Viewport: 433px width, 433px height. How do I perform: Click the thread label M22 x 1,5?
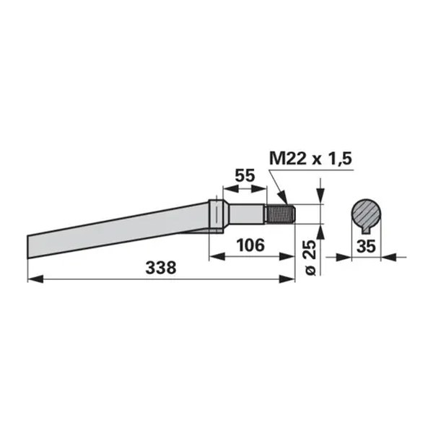coord(310,159)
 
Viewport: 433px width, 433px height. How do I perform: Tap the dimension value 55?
coord(245,176)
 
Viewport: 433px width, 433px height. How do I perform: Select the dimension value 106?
coord(250,245)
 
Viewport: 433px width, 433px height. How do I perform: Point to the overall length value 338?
coord(161,268)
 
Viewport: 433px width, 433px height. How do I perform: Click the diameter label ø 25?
coord(311,258)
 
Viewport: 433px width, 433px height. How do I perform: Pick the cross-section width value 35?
coord(366,246)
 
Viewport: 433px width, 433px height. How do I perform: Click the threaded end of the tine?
coord(280,214)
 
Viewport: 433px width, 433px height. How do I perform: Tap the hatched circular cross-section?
coord(366,214)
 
